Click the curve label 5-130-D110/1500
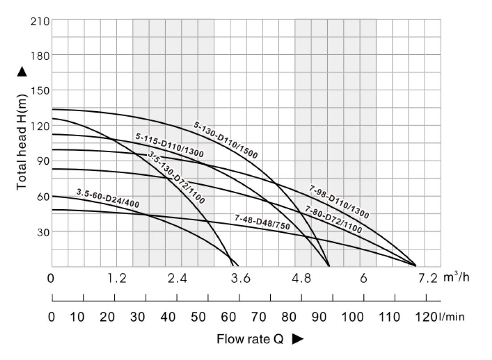(x=226, y=140)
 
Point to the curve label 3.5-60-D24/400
(x=108, y=199)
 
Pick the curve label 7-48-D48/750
(x=262, y=222)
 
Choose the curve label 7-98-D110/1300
(x=339, y=202)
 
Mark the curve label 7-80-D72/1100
(x=333, y=219)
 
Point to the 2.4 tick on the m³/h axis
(x=177, y=279)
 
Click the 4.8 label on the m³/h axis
(x=301, y=279)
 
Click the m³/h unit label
(x=456, y=278)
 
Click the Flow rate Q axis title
(x=250, y=340)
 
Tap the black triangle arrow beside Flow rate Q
(x=297, y=340)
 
